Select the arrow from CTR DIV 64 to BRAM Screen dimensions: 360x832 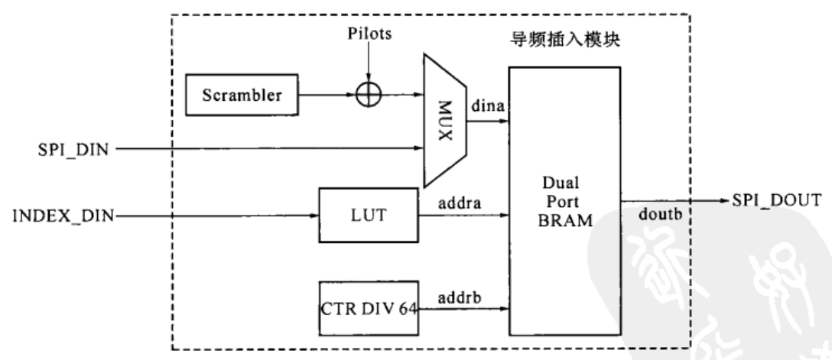tap(463, 309)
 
